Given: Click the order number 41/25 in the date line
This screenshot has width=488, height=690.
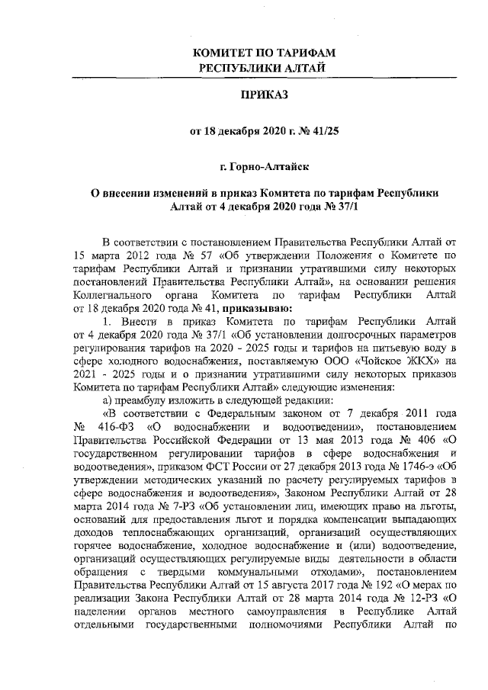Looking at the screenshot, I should click(324, 130).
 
